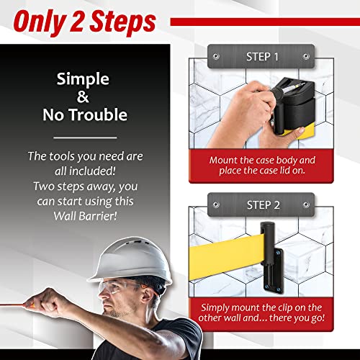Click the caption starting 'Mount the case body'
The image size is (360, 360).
(x=266, y=166)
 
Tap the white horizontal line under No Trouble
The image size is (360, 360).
(x=86, y=137)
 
